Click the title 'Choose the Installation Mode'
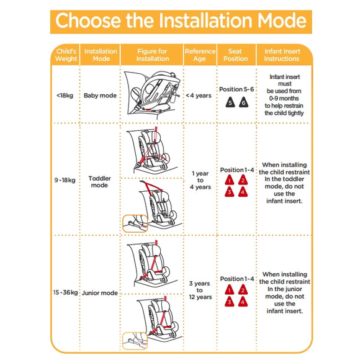181,21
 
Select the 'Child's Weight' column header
66,55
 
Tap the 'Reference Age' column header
200,55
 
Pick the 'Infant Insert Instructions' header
282,55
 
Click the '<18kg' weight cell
65,96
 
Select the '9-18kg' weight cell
65,180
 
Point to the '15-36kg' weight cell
65,292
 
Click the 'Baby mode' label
100,96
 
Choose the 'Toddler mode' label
100,182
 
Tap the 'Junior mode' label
100,293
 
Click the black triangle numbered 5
230,102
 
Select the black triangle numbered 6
243,102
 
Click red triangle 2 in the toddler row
243,180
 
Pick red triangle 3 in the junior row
230,302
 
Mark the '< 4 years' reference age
199,96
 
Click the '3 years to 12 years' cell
200,290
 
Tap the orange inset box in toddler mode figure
135,223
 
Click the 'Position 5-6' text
236,89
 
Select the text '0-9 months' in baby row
284,99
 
